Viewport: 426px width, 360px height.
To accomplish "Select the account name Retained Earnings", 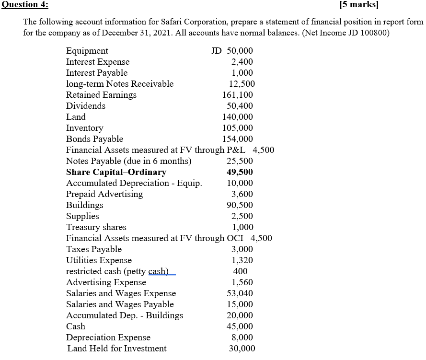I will (x=101, y=95).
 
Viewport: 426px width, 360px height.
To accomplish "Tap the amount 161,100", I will (x=238, y=95).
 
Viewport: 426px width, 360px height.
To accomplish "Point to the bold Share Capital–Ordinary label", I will (x=116, y=172).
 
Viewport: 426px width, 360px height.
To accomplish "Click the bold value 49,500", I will (x=240, y=172).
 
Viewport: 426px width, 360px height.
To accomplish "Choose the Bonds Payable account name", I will (x=94, y=139).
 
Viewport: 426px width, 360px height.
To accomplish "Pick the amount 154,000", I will (x=238, y=139).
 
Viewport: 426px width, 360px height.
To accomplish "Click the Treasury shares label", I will (x=96, y=227).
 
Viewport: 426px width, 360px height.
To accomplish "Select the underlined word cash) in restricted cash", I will (x=159, y=271).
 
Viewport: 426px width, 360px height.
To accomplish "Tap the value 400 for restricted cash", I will (x=240, y=271).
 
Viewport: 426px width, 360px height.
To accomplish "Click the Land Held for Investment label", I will (x=117, y=348).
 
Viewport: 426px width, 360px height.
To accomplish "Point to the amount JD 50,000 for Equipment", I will (x=232, y=51).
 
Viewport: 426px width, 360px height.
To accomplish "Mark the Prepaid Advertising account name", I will (x=104, y=194).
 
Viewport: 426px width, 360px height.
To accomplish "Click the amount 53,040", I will (x=240, y=293).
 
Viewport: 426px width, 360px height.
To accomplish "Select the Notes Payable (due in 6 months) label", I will (x=128, y=161).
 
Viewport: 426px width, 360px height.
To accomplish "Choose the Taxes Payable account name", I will (x=93, y=249).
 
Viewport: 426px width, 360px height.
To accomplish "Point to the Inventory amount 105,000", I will (x=238, y=128).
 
